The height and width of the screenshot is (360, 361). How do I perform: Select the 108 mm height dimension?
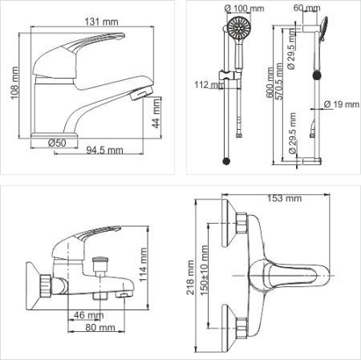(x=11, y=83)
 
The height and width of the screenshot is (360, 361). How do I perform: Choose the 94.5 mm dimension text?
(x=106, y=149)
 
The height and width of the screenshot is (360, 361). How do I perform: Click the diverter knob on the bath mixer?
(x=99, y=261)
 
